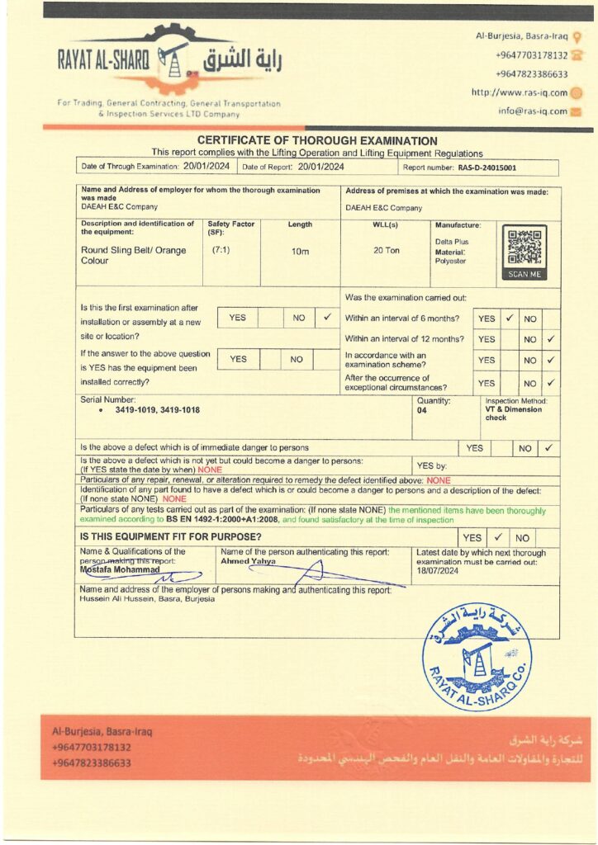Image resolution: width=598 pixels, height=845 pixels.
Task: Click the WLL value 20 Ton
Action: tap(386, 250)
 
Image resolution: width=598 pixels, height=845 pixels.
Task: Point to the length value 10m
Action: tap(300, 251)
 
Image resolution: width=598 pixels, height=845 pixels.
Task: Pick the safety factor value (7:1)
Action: tap(221, 249)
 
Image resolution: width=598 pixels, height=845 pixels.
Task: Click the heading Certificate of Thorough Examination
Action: tap(317, 141)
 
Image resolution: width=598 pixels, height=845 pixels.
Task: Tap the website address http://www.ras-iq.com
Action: tap(520, 92)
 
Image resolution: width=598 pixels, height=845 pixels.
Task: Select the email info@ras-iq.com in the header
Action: tap(533, 111)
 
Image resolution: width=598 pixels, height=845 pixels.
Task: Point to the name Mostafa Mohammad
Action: tap(120, 569)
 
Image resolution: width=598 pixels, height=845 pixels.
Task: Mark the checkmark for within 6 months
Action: tap(510, 318)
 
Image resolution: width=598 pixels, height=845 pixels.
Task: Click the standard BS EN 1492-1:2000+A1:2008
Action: tap(222, 521)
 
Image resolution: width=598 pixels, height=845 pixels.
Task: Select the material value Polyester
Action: tap(450, 261)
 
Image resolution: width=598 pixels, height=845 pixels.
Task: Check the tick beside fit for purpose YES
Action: tap(498, 537)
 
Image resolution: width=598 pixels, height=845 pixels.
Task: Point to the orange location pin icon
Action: tap(577, 37)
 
